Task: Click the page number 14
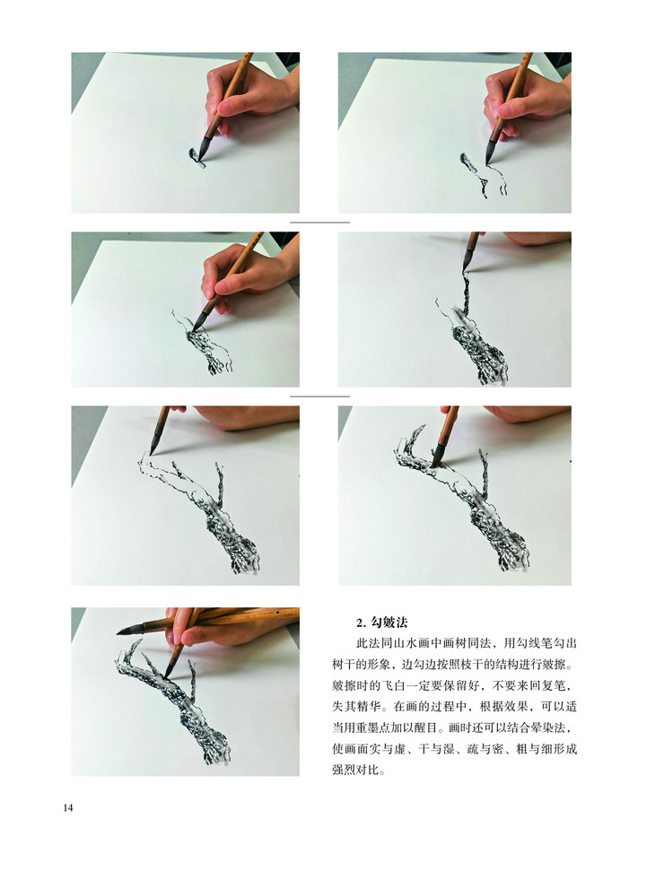68,807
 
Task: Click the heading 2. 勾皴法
383,623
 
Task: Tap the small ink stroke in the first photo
196,157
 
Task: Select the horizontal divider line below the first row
320,222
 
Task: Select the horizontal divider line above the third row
320,396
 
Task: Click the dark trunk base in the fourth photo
481,354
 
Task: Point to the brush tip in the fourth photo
465,269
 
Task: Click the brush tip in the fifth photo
151,452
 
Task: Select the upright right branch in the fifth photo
218,484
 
